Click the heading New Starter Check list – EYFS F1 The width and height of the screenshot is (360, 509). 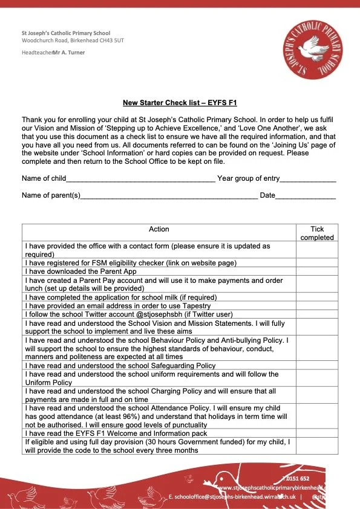(x=179, y=103)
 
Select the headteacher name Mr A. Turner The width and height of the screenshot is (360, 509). (x=69, y=53)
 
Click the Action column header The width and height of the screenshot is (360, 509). (x=159, y=229)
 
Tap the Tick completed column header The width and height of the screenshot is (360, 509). (x=317, y=233)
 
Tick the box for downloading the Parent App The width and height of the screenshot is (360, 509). (x=317, y=271)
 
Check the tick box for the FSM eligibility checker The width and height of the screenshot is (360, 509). (x=317, y=263)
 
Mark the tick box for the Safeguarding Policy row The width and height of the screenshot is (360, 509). (x=317, y=366)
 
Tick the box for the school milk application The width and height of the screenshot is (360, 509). (x=317, y=297)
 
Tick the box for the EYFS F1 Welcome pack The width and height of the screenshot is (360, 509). (x=317, y=433)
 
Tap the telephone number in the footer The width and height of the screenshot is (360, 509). (x=309, y=478)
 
